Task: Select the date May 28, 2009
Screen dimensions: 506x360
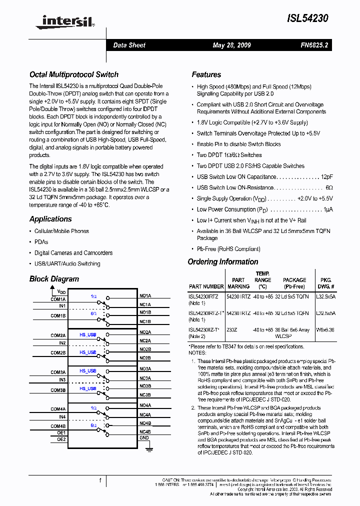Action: click(x=231, y=45)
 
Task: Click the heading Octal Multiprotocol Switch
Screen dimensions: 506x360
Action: click(x=74, y=74)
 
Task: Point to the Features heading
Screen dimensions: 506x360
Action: click(x=206, y=74)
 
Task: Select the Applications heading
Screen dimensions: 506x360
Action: click(x=50, y=219)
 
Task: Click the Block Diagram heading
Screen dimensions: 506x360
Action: click(x=54, y=279)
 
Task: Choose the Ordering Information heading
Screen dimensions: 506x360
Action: click(x=223, y=262)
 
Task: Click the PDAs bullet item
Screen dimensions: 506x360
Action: click(x=41, y=242)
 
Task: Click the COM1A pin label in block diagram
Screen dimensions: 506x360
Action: click(x=58, y=299)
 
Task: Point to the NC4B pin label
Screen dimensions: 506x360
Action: click(x=145, y=431)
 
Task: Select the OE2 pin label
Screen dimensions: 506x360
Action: click(x=61, y=439)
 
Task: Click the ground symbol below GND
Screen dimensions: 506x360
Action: click(x=148, y=449)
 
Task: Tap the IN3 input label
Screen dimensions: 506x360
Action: click(x=62, y=380)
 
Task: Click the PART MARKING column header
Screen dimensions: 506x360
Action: click(x=238, y=283)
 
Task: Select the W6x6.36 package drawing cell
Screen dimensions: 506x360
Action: click(x=325, y=329)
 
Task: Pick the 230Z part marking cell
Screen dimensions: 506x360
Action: click(x=232, y=329)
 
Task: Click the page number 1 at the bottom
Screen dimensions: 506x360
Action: click(x=100, y=480)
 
